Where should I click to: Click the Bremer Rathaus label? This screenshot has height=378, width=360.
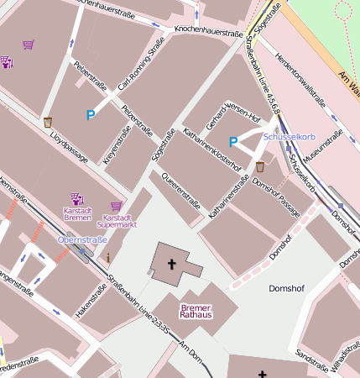pos(196,311)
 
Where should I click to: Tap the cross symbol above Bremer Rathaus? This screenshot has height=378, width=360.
pos(173,265)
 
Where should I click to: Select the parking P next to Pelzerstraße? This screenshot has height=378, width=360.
pos(91,115)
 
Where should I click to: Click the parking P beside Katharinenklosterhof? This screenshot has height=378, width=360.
pos(234,143)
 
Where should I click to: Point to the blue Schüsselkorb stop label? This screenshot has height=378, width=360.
pos(288,136)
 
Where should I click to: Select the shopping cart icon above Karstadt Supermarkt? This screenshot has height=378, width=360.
pos(116,205)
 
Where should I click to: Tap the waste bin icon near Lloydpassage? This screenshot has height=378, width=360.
pos(48,122)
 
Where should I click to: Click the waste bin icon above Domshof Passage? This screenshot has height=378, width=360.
pos(260,166)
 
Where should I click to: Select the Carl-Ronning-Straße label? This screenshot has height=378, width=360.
pos(141,70)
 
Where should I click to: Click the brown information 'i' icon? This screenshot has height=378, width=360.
pos(107,256)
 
